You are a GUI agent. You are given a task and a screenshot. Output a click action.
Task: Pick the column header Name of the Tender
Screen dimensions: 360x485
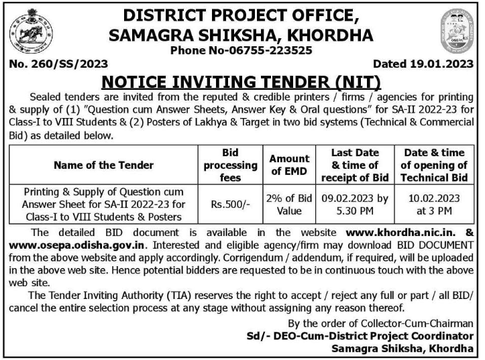click(x=103, y=165)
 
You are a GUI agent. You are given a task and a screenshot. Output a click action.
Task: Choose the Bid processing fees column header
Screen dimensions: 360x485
click(x=230, y=165)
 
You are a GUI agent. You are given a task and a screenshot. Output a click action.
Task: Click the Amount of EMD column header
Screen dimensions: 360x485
click(x=289, y=165)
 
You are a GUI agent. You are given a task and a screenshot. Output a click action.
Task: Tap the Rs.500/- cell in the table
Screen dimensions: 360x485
click(x=230, y=204)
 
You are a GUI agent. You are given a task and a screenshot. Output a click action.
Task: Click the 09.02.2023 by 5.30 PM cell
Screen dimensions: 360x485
click(x=355, y=204)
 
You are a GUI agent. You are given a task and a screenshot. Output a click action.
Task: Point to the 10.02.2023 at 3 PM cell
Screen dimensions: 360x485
click(x=433, y=204)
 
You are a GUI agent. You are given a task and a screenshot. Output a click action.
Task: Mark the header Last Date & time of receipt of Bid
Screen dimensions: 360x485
click(x=355, y=165)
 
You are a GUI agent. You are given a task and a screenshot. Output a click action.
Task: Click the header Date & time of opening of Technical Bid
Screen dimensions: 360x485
click(x=433, y=165)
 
